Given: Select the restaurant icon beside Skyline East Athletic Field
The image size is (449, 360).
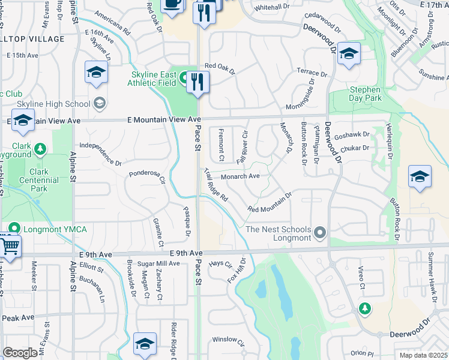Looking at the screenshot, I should [x=197, y=81].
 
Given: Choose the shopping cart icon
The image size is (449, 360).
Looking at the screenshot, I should [x=10, y=245].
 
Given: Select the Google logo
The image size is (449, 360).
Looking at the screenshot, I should [x=20, y=353].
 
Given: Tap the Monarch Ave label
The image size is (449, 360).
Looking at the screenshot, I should [x=240, y=176].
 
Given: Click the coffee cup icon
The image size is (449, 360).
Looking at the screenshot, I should [x=173, y=4].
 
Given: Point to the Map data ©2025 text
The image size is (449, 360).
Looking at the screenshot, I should [x=423, y=355].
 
